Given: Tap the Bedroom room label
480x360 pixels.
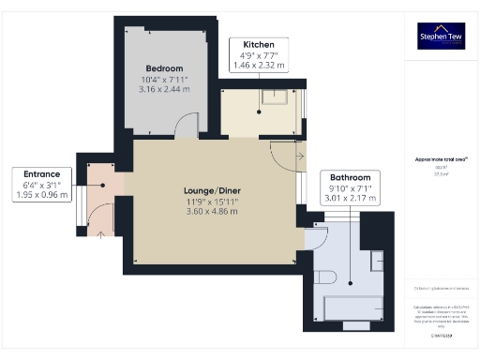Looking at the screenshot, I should (164, 67).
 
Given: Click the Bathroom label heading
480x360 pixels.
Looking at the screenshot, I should (351, 177).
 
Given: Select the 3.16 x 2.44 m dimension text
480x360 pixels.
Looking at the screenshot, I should (164, 90).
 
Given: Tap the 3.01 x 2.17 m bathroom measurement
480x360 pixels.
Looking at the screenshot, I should (351, 199).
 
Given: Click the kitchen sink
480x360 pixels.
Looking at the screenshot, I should (276, 97).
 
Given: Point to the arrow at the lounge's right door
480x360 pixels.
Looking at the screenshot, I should (299, 156).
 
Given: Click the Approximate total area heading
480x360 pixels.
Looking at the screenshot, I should (441, 159).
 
